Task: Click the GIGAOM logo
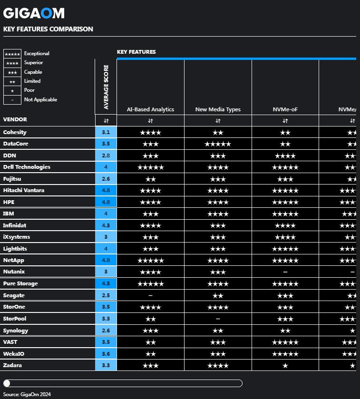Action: click(34, 13)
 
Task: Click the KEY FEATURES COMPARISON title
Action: click(48, 29)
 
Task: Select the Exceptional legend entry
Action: click(37, 54)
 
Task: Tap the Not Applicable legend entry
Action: click(40, 99)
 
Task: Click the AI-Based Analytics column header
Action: click(150, 109)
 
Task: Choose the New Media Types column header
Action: click(218, 109)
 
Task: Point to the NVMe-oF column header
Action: click(285, 109)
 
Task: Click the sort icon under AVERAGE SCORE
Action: click(106, 121)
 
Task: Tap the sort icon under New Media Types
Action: click(218, 121)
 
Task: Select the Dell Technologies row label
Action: click(27, 167)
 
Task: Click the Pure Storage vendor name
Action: click(20, 283)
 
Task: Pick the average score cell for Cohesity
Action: click(106, 132)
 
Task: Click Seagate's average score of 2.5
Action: click(106, 295)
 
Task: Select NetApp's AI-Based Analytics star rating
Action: click(150, 260)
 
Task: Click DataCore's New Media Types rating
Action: click(218, 144)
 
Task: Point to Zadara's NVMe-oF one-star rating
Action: click(285, 365)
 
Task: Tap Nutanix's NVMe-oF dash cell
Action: click(285, 272)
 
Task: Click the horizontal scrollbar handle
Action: click(7, 383)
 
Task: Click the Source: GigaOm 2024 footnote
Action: click(27, 394)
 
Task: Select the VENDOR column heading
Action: click(15, 119)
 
